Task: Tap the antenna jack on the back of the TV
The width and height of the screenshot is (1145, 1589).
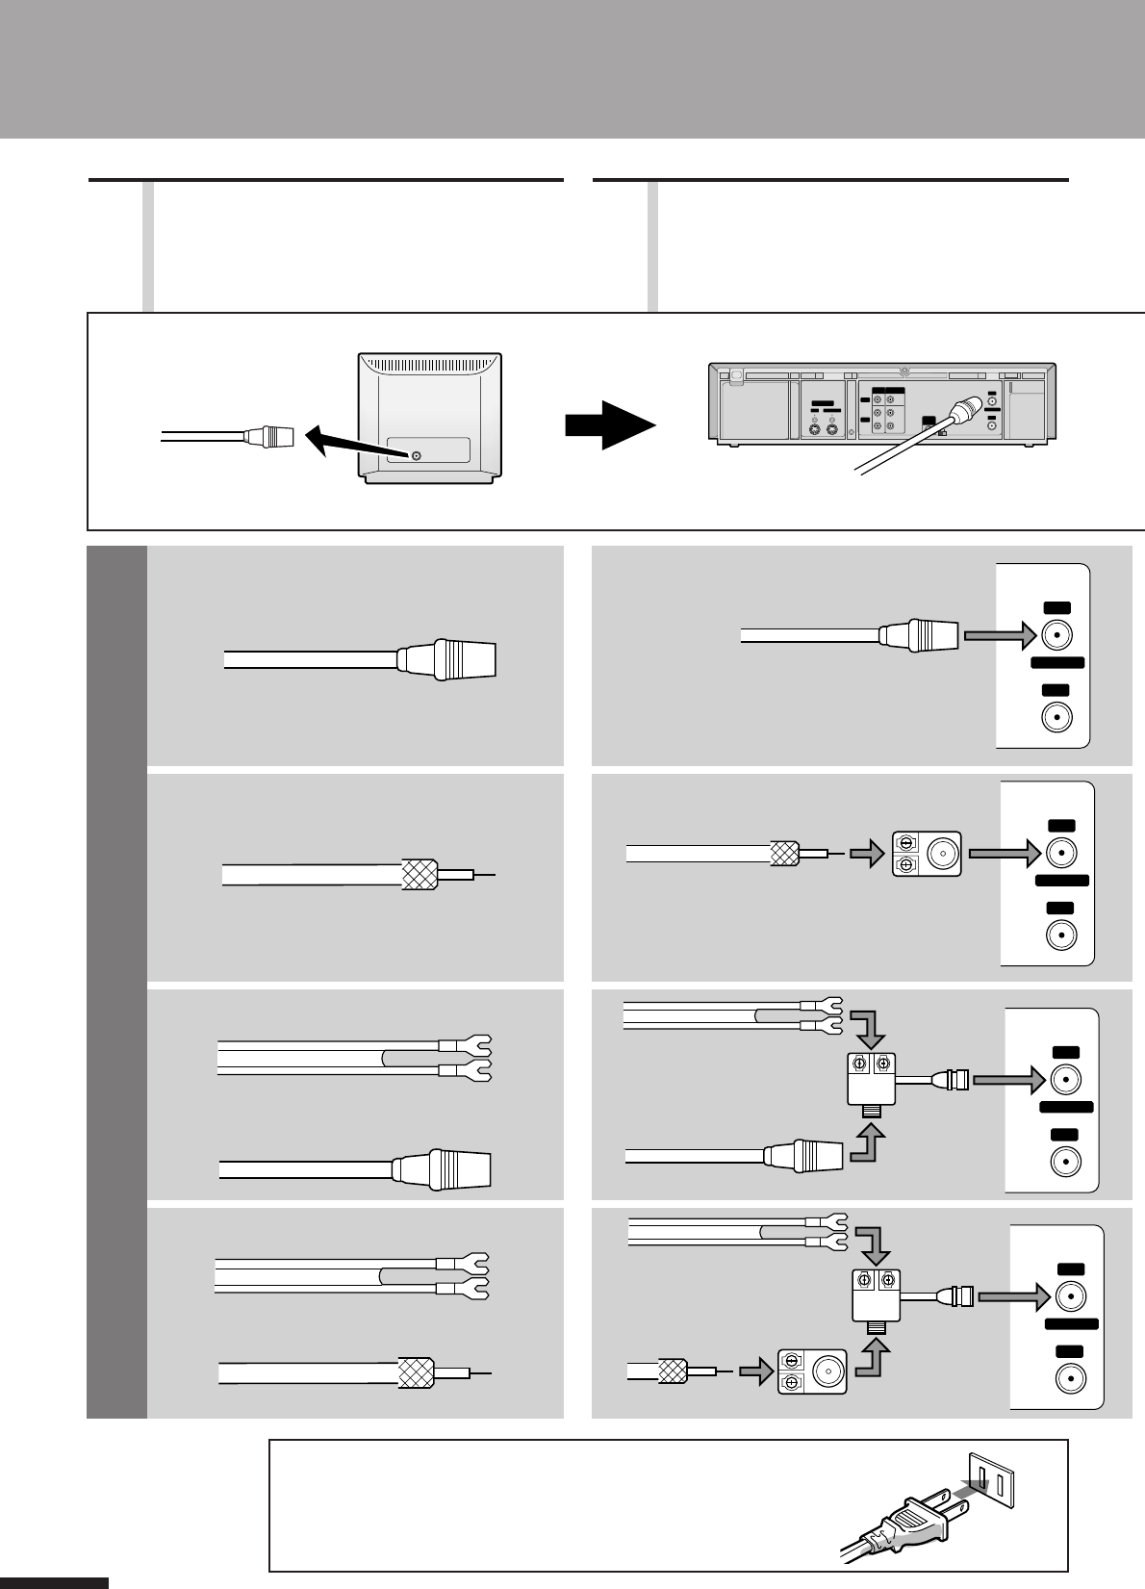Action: tap(416, 455)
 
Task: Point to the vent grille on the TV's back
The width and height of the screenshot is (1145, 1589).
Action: tap(430, 366)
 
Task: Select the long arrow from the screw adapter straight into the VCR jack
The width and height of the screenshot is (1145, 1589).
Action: tap(1005, 852)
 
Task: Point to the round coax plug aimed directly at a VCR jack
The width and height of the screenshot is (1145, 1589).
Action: tap(920, 635)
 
